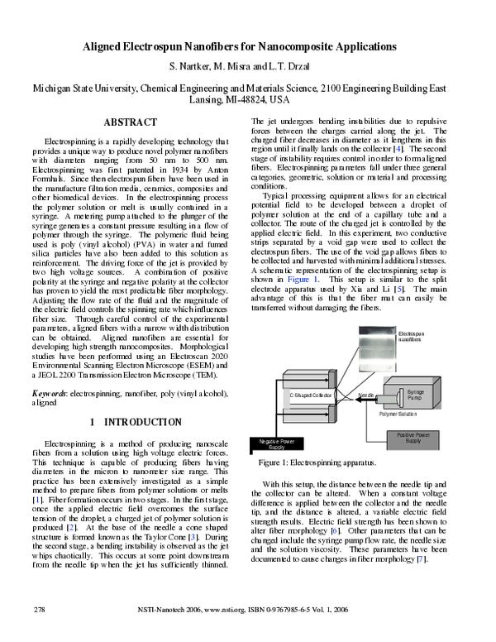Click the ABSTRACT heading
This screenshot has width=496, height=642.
pyautogui.click(x=129, y=122)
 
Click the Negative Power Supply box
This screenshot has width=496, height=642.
pyautogui.click(x=277, y=444)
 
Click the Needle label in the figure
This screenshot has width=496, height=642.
pyautogui.click(x=367, y=395)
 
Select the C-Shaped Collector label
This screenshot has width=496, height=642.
pyautogui.click(x=311, y=395)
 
